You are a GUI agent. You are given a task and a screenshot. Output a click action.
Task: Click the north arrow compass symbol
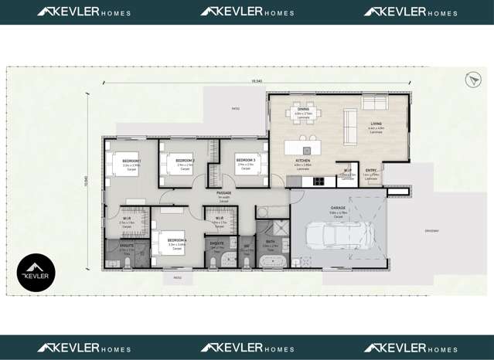click(472, 80)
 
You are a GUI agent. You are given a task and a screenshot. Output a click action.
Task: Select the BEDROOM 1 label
click(131, 160)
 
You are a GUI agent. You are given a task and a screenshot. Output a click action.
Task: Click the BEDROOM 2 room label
click(185, 160)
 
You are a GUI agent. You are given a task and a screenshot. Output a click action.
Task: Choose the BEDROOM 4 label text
click(177, 240)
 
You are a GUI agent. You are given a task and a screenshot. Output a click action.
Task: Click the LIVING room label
click(376, 124)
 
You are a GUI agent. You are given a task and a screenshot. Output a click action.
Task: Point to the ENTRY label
click(371, 171)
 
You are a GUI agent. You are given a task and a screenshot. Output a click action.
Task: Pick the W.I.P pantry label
click(348, 171)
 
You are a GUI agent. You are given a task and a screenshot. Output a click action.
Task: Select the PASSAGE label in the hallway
click(224, 193)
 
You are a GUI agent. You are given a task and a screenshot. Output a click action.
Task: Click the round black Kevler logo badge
click(36, 273)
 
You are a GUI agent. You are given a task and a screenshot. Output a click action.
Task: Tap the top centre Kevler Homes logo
click(247, 12)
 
